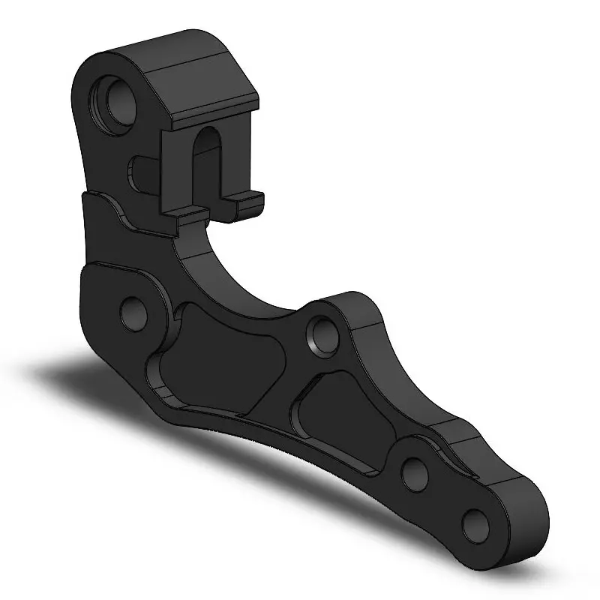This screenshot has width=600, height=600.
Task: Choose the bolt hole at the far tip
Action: point(475,523)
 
